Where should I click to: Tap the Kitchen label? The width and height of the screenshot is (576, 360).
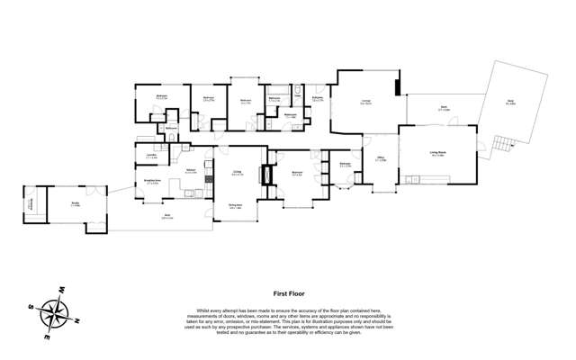point(191,169)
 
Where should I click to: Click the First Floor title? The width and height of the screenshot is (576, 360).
point(286,292)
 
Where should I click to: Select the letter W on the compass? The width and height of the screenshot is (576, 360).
point(62,290)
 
